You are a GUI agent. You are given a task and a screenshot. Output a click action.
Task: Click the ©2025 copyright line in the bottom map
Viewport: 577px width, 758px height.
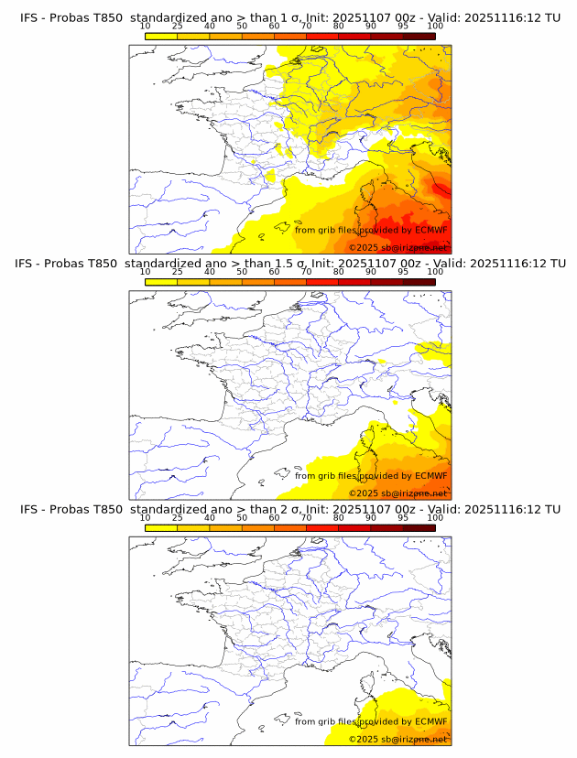pos(397,739)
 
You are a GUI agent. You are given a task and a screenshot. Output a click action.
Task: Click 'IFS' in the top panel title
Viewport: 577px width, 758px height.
pos(29,17)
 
